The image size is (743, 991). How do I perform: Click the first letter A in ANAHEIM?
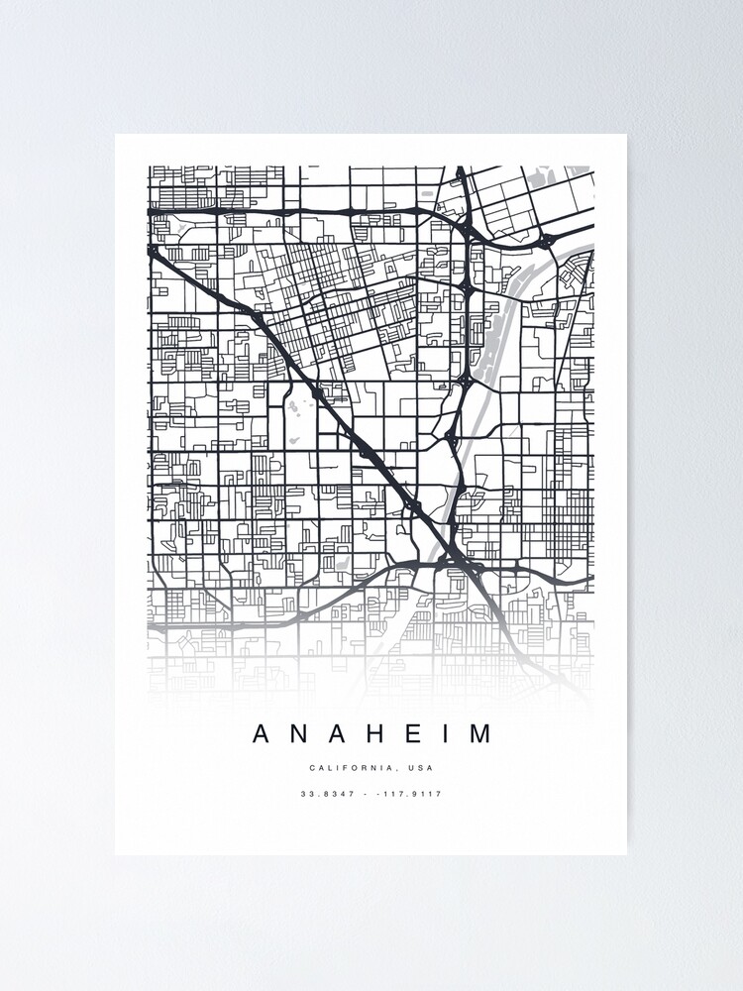tap(262, 734)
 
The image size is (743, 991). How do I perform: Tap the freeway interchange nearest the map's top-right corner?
tap(546, 240)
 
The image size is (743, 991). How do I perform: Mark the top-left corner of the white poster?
tap(116, 135)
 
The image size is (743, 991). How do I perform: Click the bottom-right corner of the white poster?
tap(626, 854)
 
